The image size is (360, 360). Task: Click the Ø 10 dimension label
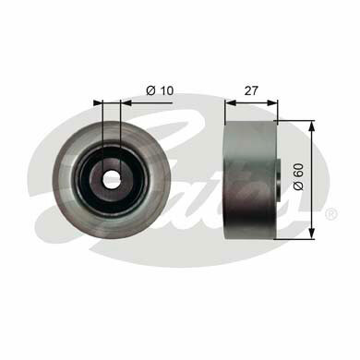[x=160, y=90]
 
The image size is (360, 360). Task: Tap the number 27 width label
[x=251, y=90]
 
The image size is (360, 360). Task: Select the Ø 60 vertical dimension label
[x=299, y=177]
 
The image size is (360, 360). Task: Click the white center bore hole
[x=112, y=178]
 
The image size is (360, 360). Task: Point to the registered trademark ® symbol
[x=331, y=213]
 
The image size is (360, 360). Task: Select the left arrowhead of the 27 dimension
[x=231, y=103]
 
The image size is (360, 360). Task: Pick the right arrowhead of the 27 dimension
[x=272, y=103]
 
